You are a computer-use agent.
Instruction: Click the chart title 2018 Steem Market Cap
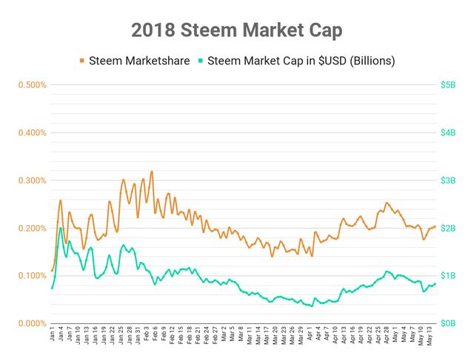237,30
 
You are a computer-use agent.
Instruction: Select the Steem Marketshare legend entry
135,61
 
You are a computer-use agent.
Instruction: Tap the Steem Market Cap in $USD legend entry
296,61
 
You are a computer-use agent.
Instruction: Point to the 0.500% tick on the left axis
33,85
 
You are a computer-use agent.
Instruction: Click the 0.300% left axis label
33,181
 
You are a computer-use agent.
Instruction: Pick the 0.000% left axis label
33,323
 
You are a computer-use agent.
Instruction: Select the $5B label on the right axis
448,85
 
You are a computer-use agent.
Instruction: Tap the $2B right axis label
448,229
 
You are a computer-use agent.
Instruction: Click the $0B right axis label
448,323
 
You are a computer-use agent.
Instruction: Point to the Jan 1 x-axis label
53,334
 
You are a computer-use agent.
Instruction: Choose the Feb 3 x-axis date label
147,334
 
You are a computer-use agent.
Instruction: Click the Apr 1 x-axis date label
310,334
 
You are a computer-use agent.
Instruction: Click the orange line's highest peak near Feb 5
152,172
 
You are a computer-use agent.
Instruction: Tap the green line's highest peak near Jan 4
61,228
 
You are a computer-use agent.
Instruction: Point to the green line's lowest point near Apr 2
312,306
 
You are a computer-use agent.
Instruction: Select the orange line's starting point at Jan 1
52,271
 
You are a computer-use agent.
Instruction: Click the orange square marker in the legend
82,61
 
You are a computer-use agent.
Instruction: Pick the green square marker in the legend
201,61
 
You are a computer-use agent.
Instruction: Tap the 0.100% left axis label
33,276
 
